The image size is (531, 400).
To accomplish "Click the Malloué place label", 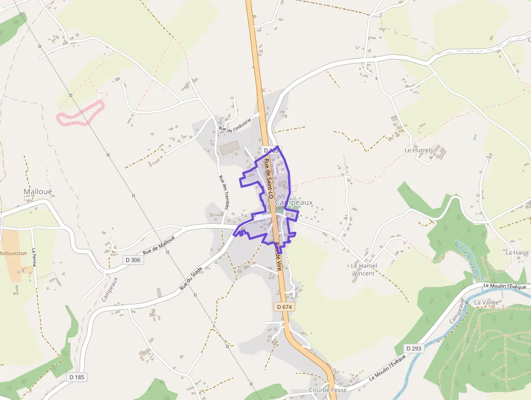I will [x=37, y=192].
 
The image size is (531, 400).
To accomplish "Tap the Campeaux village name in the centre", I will [x=294, y=202].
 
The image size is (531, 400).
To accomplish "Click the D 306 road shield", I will [x=132, y=260].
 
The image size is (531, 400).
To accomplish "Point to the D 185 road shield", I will [x=77, y=377].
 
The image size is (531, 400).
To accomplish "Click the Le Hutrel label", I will [x=417, y=150].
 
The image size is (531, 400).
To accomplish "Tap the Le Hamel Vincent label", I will [x=364, y=269].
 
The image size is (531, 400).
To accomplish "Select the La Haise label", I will [x=516, y=252].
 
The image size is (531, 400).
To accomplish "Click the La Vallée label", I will [x=485, y=302].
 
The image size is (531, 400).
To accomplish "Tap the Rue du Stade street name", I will [x=191, y=277].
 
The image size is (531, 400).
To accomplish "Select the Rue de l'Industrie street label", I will [x=235, y=124].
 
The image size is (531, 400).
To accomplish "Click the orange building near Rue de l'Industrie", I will [x=229, y=147].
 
